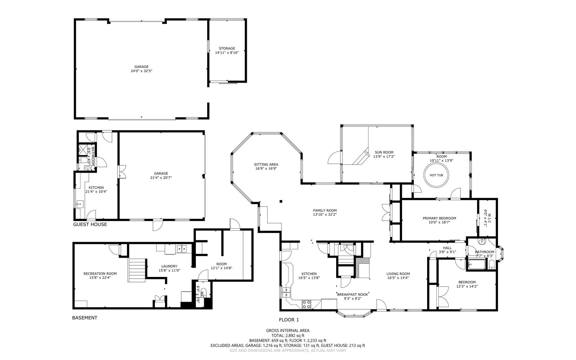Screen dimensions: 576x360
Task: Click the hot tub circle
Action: (424, 175)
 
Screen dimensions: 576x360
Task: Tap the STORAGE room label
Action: (227, 48)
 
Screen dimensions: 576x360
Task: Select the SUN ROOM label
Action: (384, 152)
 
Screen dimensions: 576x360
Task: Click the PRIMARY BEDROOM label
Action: (439, 218)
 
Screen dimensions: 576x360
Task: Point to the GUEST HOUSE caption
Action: (90, 224)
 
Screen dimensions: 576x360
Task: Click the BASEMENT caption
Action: (85, 318)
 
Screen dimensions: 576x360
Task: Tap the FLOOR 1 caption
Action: (289, 320)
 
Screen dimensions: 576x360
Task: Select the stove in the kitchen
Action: (307, 304)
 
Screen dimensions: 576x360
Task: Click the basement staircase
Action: (137, 270)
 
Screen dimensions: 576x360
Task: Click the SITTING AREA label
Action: (266, 164)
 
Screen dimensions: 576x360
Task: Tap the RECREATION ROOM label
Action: (100, 274)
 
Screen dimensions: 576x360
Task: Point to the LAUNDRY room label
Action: (169, 266)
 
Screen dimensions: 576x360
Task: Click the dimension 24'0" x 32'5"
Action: (142, 71)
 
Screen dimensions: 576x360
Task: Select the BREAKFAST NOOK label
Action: (352, 294)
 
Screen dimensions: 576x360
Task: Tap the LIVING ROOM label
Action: (398, 274)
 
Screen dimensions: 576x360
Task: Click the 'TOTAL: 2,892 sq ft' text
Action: (288, 336)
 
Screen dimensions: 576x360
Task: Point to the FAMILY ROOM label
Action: (325, 210)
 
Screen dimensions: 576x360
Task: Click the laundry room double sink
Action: (182, 249)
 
